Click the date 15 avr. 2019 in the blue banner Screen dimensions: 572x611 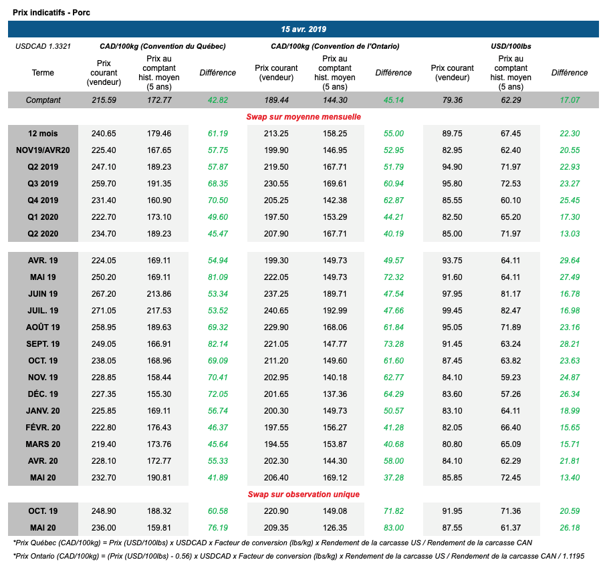(303, 29)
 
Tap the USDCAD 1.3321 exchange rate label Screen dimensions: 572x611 (43, 47)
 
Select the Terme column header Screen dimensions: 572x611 (43, 73)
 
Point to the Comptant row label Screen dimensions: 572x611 (43, 100)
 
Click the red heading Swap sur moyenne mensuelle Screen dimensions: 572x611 (303, 117)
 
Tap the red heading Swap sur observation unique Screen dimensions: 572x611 (303, 494)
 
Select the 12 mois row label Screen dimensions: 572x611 (43, 134)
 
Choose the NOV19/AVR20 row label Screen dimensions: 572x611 (43, 150)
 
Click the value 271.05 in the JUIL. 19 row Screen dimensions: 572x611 (104, 311)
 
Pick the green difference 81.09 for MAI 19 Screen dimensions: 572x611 (217, 277)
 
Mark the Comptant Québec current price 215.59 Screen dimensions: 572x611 (104, 100)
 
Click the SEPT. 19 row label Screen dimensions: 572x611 (43, 344)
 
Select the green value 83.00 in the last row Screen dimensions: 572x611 (394, 527)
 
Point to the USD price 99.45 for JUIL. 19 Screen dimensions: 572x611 (452, 311)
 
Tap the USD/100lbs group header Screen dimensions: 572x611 (511, 47)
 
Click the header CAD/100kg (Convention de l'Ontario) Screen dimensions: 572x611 (335, 47)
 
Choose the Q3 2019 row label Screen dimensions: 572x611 (43, 184)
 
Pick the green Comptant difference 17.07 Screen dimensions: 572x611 (570, 100)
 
